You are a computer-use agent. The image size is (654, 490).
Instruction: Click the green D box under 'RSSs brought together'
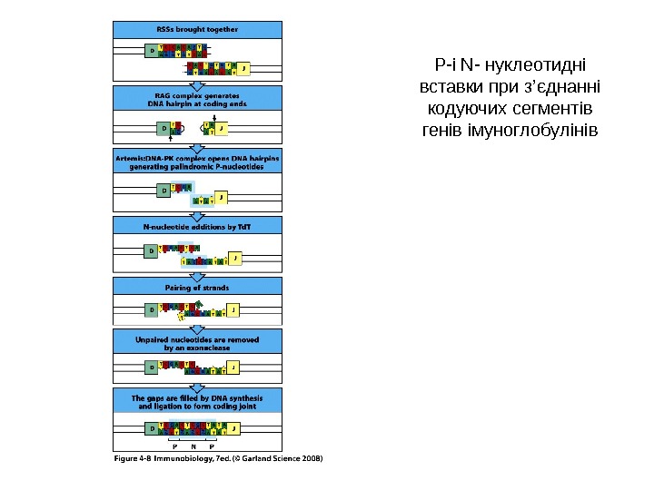(152, 52)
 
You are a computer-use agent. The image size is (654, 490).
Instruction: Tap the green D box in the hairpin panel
(165, 128)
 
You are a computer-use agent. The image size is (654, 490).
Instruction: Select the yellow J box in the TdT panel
(235, 260)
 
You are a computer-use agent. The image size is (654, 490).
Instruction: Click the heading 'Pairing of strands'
(197, 287)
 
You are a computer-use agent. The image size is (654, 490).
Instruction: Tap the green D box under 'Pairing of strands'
(152, 309)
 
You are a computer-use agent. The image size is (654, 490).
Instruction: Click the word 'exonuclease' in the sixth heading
(217, 347)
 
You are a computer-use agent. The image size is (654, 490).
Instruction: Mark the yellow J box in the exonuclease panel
(233, 367)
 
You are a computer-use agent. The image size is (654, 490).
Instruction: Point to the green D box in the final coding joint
(152, 426)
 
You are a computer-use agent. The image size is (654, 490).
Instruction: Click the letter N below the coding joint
(193, 446)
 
